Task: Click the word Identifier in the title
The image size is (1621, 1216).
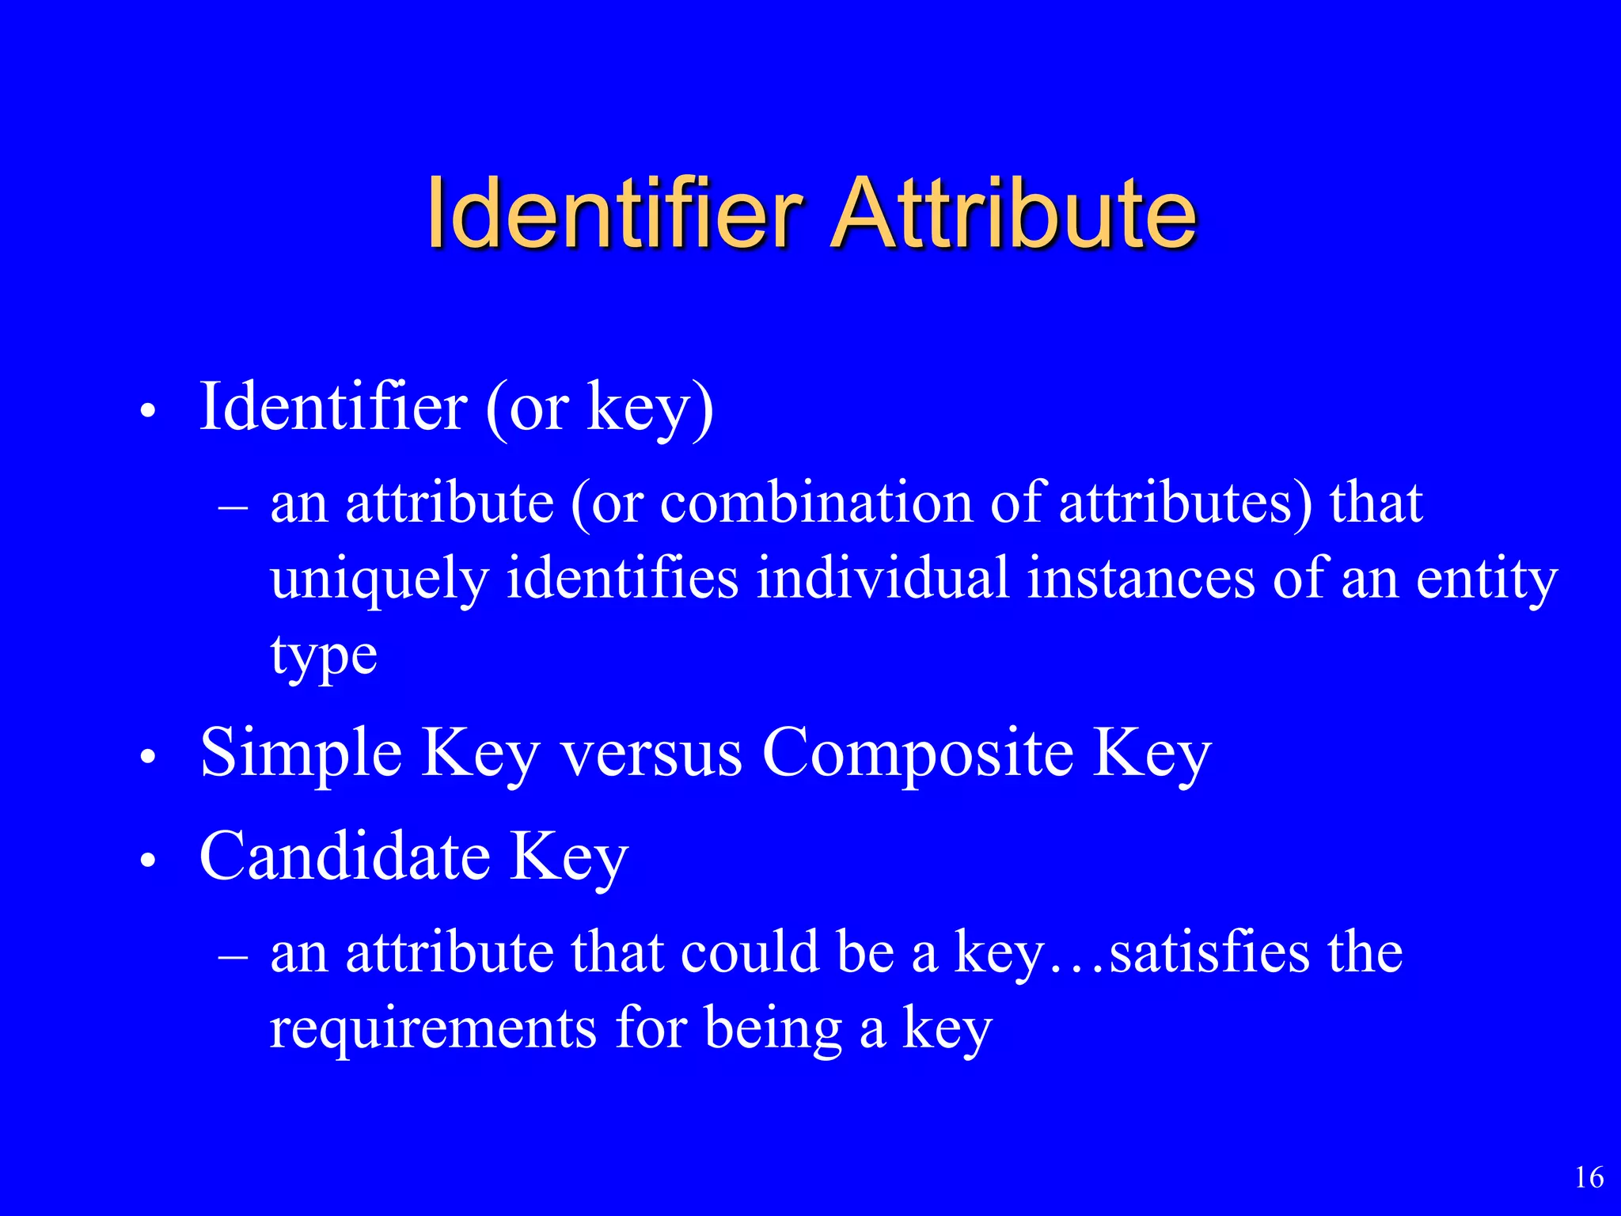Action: pyautogui.click(x=615, y=213)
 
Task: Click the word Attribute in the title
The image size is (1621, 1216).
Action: pyautogui.click(x=1015, y=213)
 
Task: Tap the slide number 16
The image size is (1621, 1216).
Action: pyautogui.click(x=1589, y=1177)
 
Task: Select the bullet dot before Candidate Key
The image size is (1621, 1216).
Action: pyautogui.click(x=147, y=861)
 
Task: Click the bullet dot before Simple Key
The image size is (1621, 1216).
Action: pyautogui.click(x=147, y=757)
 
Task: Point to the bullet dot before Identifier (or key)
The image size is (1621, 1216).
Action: pyautogui.click(x=147, y=411)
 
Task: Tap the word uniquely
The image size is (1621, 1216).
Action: pyautogui.click(x=379, y=579)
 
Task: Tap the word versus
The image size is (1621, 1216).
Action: pyautogui.click(x=651, y=753)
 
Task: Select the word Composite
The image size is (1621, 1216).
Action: pyautogui.click(x=917, y=753)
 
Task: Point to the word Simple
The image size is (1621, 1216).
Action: pyautogui.click(x=301, y=753)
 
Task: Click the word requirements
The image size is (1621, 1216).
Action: pyautogui.click(x=433, y=1028)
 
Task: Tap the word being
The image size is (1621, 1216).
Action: pyautogui.click(x=773, y=1030)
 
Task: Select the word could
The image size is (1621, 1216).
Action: pyautogui.click(x=749, y=952)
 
